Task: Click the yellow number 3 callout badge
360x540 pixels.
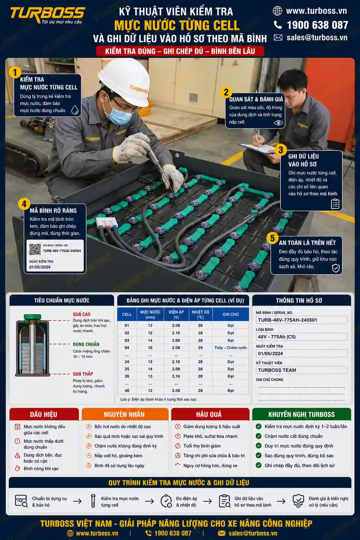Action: [280, 150]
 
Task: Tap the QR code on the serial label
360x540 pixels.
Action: [35, 249]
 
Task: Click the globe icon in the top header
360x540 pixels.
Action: [277, 11]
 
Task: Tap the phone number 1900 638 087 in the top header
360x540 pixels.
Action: [317, 25]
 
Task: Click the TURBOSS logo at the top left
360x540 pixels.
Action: [48, 15]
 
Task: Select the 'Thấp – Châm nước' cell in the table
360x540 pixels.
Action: [231, 348]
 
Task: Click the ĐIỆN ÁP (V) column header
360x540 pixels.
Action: [176, 314]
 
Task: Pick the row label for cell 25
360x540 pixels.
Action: [127, 369]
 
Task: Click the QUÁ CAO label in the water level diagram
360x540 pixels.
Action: [81, 314]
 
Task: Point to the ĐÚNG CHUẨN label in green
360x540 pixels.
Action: [86, 344]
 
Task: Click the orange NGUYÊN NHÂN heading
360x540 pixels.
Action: [124, 414]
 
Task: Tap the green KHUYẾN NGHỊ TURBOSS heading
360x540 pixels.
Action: [301, 414]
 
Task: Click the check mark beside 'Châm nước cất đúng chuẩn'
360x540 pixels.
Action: [259, 436]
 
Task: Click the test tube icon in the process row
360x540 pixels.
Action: [93, 501]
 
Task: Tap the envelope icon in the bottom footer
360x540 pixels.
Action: [222, 533]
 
